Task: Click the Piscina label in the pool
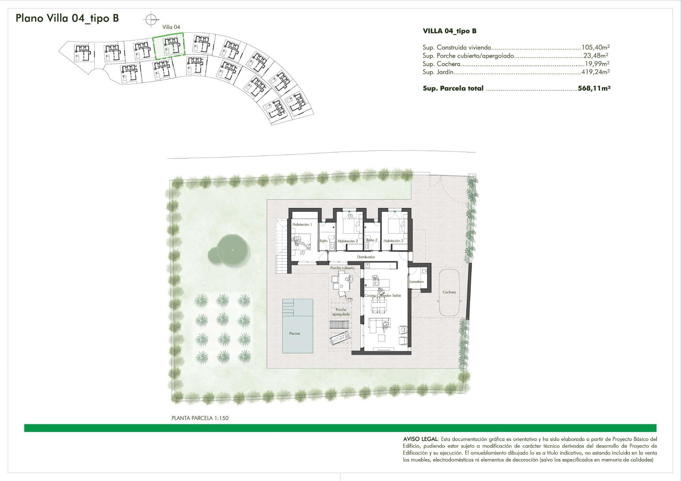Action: pyautogui.click(x=294, y=333)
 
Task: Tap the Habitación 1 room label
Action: pyautogui.click(x=302, y=224)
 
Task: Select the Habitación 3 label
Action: pyautogui.click(x=393, y=241)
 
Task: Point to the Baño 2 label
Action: pyautogui.click(x=371, y=240)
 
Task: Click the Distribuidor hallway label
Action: pyautogui.click(x=366, y=257)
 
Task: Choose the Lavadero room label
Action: pyautogui.click(x=416, y=282)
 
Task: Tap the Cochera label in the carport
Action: pyautogui.click(x=449, y=292)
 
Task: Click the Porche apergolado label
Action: pyautogui.click(x=341, y=312)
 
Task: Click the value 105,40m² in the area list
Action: pyautogui.click(x=596, y=47)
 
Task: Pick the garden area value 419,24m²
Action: pyautogui.click(x=596, y=72)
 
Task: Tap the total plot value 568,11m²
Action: pyautogui.click(x=594, y=88)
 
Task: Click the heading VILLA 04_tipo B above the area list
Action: pyautogui.click(x=449, y=31)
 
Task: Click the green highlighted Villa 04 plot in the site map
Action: pyautogui.click(x=168, y=46)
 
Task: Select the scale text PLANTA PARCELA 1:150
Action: pyautogui.click(x=200, y=418)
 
